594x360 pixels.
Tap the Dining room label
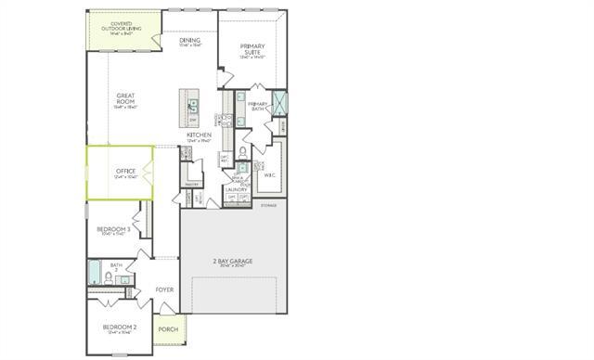click(190, 41)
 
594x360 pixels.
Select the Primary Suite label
click(252, 49)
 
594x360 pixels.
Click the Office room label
click(126, 173)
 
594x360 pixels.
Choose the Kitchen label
click(200, 135)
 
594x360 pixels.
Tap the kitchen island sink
click(193, 105)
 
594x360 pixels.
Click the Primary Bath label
click(257, 105)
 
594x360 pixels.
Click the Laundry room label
click(236, 189)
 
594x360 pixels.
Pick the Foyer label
click(165, 289)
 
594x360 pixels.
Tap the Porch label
click(168, 329)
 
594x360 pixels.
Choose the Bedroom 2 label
click(120, 328)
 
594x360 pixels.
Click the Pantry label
click(193, 184)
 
